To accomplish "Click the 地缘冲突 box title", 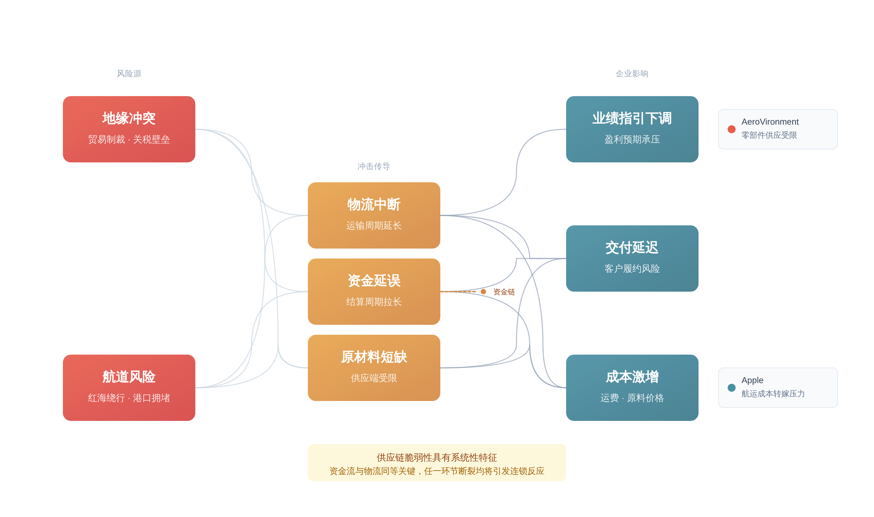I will [x=129, y=118].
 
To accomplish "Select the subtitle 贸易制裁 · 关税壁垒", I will [x=129, y=139].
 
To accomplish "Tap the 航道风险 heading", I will [x=129, y=377].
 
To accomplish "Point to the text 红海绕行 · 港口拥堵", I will [x=129, y=398].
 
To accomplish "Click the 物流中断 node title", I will [x=374, y=204].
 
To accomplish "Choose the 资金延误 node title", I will [x=374, y=281].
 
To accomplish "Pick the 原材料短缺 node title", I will [x=374, y=357].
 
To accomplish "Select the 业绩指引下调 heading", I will [x=632, y=118].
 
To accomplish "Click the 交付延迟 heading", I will [x=632, y=248].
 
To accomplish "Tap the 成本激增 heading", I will [x=632, y=377].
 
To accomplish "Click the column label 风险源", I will [x=129, y=74].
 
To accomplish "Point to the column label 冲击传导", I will [x=374, y=166].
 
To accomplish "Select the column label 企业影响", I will [x=632, y=74].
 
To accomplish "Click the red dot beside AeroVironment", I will [x=731, y=129].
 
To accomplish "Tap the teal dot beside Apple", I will [x=731, y=388].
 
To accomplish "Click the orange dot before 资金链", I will [x=483, y=292].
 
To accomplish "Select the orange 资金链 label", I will [x=504, y=292].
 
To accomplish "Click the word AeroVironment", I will [x=770, y=122].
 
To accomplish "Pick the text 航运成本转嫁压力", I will [x=773, y=394].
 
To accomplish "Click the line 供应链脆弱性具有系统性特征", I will [x=437, y=457].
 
